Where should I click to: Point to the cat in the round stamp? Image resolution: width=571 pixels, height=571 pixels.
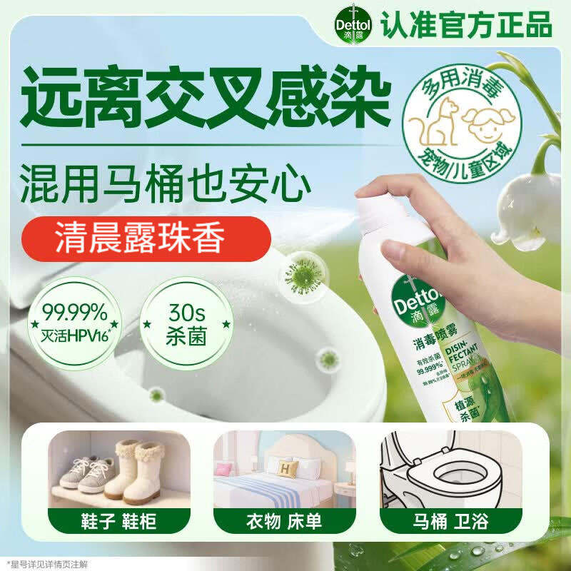coord(441,129)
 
